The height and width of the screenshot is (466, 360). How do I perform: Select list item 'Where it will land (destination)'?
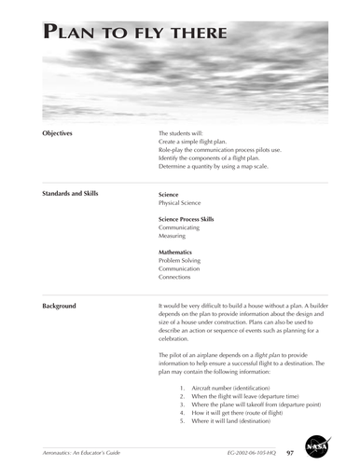pyautogui.click(x=238, y=420)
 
